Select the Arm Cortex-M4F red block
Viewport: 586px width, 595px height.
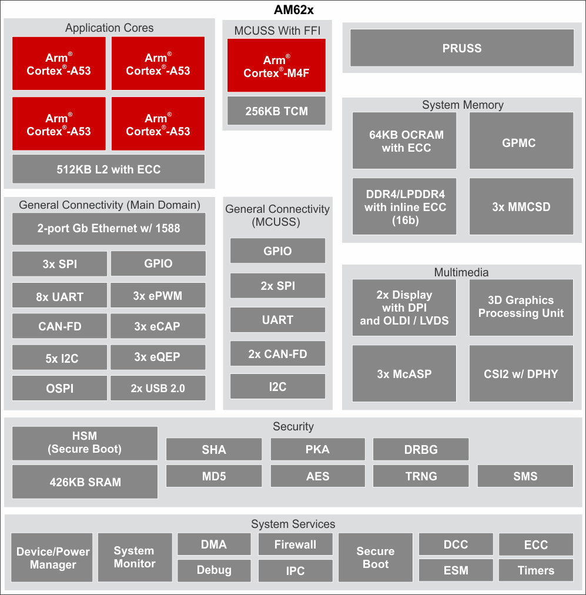[x=276, y=66]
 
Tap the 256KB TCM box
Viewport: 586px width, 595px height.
[x=276, y=111]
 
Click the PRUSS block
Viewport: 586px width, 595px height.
[x=461, y=48]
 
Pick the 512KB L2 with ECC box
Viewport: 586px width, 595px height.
[x=109, y=169]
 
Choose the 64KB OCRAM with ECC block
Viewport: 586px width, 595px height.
[x=404, y=141]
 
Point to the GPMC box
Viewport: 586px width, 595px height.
[x=521, y=142]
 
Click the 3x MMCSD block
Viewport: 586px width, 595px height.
[x=521, y=207]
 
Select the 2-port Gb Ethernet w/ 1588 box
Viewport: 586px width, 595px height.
[x=109, y=228]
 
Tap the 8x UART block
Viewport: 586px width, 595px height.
[x=60, y=296]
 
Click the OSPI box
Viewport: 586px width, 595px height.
[x=60, y=389]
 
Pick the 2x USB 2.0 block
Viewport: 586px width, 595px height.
[x=158, y=389]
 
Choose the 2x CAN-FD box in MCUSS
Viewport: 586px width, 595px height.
[x=277, y=354]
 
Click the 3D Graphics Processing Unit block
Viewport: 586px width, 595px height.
[x=521, y=307]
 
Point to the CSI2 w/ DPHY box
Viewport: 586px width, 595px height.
[x=521, y=374]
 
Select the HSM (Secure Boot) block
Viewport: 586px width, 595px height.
[x=85, y=443]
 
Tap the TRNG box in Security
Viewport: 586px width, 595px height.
[x=421, y=476]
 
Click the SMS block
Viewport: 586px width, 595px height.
[x=525, y=476]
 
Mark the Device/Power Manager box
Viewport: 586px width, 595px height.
[x=53, y=558]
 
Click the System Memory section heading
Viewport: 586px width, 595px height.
[x=463, y=105]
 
